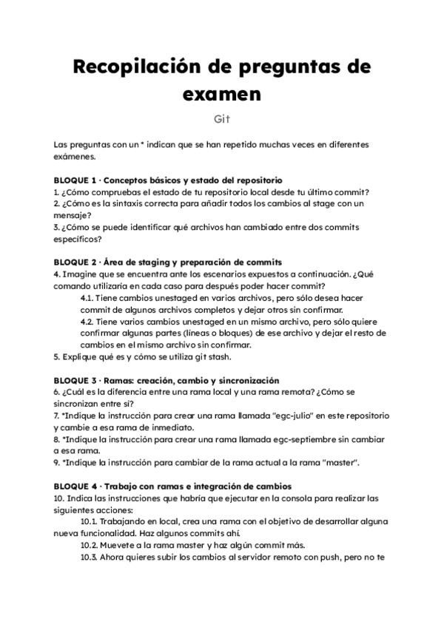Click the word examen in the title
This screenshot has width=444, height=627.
click(221, 94)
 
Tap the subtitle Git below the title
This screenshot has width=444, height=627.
click(222, 118)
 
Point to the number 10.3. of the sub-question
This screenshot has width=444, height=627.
click(89, 557)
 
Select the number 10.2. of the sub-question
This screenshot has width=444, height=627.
click(89, 545)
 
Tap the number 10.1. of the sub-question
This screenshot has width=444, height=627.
click(89, 521)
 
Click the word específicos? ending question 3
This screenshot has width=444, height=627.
click(78, 239)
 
